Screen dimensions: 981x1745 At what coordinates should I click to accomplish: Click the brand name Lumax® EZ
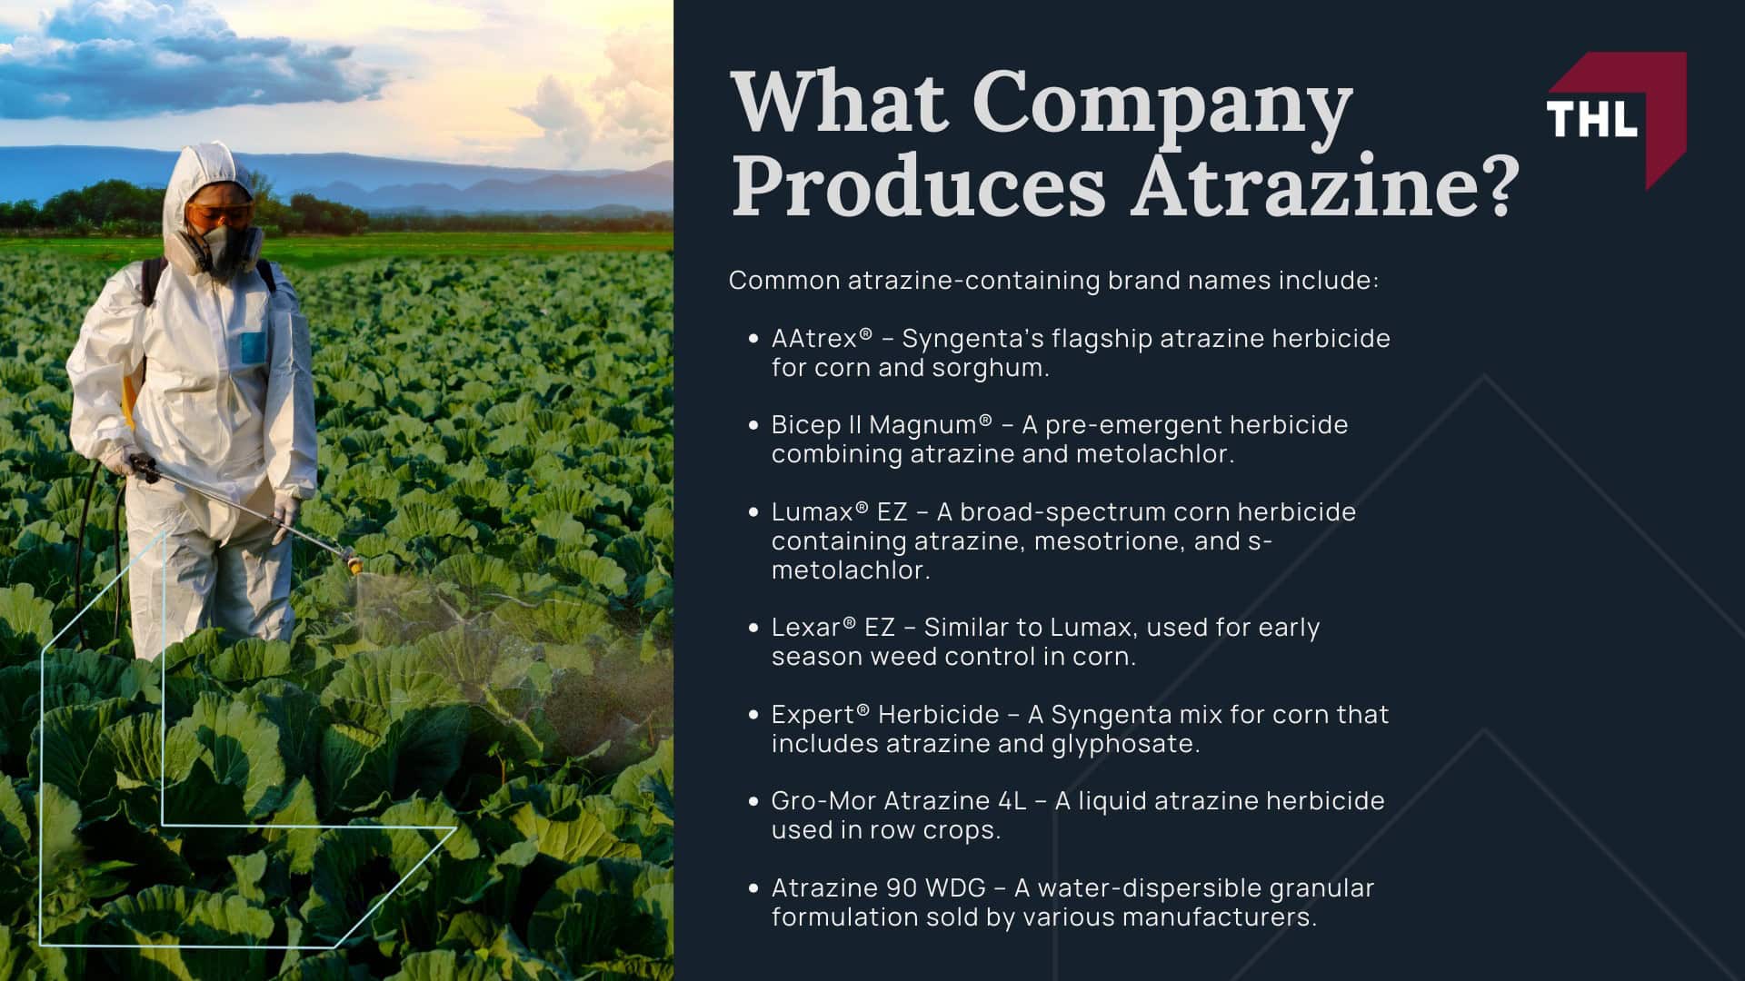click(839, 512)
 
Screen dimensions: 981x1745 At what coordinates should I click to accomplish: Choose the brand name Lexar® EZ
click(833, 628)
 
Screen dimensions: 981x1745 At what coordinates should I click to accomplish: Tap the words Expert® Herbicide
click(885, 715)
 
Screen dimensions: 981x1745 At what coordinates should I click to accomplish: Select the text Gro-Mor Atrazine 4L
click(899, 801)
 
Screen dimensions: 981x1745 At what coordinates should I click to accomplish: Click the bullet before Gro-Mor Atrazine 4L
click(753, 802)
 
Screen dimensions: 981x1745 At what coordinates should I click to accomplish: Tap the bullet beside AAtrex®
click(753, 340)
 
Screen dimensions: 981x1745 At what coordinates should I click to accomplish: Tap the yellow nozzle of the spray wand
click(355, 566)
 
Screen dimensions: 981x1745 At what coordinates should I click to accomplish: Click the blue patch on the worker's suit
click(252, 345)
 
